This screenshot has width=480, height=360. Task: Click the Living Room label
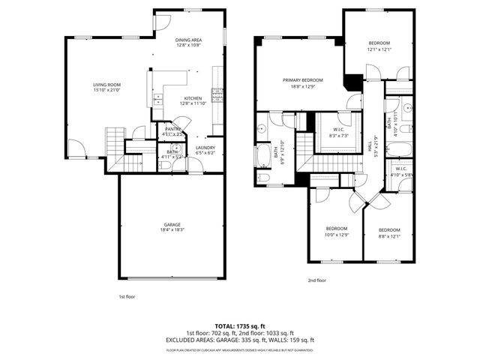[x=106, y=85]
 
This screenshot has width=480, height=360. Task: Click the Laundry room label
[x=205, y=148]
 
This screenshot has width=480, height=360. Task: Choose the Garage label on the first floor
[x=172, y=224]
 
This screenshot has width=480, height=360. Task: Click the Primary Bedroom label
[x=303, y=79]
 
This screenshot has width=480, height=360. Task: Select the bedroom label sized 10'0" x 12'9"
[x=336, y=228]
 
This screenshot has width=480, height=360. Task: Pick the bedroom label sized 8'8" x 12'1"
[x=389, y=229]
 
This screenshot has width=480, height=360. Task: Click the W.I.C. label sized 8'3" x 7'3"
[x=339, y=130]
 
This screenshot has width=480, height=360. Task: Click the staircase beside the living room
[x=113, y=139]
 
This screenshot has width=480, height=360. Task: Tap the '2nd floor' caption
[x=316, y=280]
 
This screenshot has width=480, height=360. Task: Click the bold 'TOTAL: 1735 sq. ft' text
[x=239, y=326]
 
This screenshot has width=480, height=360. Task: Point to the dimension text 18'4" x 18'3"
[x=172, y=229]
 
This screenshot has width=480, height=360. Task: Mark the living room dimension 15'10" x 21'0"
[x=106, y=90]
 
